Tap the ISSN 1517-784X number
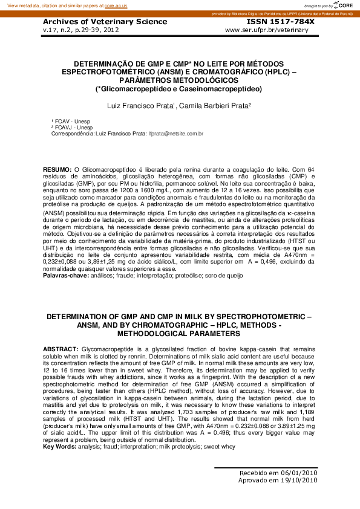[x=281, y=22]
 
